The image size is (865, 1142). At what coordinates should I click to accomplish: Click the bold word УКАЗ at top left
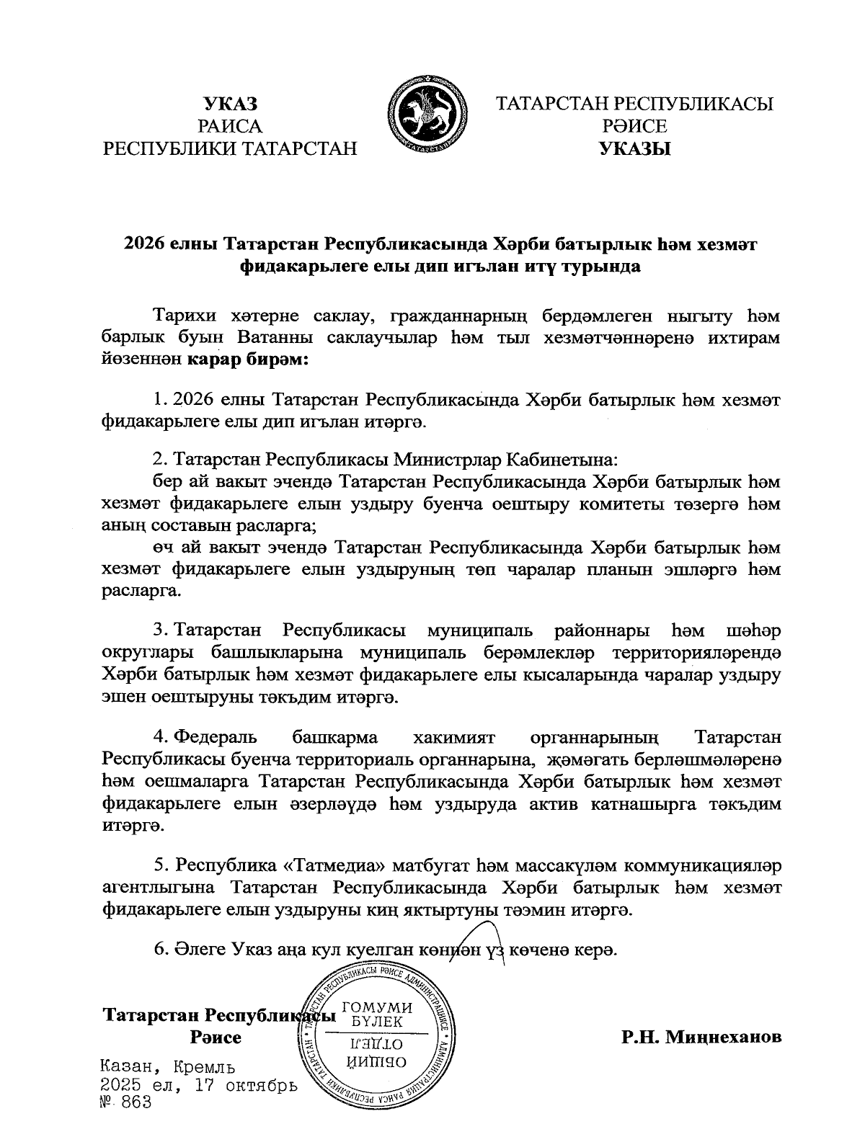coord(230,104)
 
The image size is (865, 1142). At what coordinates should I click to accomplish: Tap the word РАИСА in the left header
coord(230,127)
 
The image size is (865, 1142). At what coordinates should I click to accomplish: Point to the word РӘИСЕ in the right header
coord(634,127)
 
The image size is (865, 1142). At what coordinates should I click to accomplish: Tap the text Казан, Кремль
coord(168,1067)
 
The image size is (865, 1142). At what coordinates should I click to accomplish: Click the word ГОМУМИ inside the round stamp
coord(376,1007)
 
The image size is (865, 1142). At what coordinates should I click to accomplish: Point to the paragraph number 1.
coord(161,399)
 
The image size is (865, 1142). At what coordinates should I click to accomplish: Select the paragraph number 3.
coord(161,632)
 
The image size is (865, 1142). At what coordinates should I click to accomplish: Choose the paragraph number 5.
coord(161,865)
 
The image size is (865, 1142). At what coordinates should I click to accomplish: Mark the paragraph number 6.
coord(161,950)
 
